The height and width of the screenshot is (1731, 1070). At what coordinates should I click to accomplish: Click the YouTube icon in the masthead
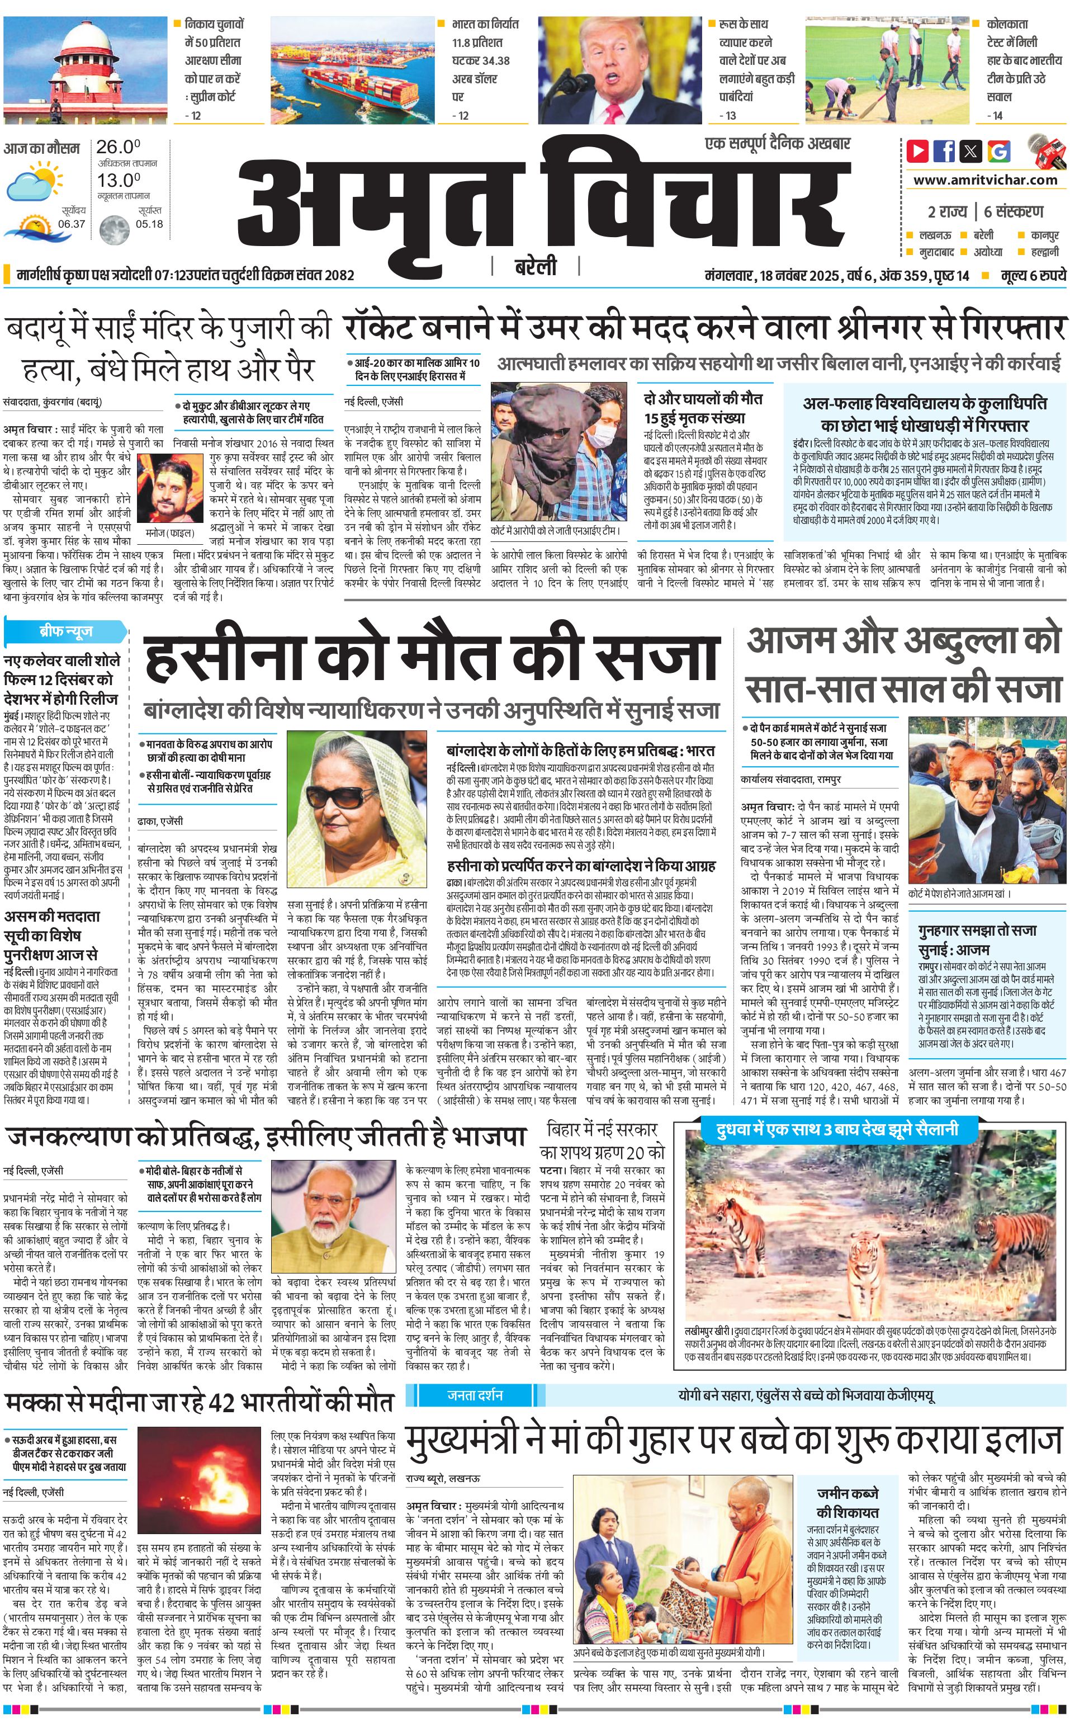tap(918, 151)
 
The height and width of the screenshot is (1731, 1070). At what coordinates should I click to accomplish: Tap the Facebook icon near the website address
tap(944, 151)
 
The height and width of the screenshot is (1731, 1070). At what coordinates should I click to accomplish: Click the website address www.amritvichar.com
tap(985, 180)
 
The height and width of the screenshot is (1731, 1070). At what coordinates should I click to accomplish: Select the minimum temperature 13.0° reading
tap(118, 181)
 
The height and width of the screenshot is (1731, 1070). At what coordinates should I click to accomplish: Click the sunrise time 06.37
tap(72, 224)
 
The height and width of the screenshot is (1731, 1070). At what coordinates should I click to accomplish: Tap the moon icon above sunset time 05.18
tap(113, 230)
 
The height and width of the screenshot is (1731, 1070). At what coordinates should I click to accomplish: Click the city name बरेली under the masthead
tap(535, 267)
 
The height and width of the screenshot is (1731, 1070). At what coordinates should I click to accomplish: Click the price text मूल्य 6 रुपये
tap(1033, 275)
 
